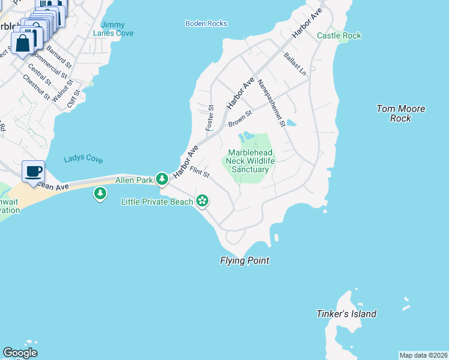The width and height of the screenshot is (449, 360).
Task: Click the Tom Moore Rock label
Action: (400, 113)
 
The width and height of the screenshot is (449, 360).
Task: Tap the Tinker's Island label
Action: (346, 314)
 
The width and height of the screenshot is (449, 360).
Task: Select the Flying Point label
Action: (244, 260)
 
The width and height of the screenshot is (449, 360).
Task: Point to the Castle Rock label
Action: (339, 36)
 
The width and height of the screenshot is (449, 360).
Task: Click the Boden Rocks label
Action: (206, 23)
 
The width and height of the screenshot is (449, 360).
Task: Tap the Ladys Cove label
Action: (83, 160)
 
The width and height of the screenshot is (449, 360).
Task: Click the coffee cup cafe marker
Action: (33, 171)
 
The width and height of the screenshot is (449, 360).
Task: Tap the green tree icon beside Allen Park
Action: (161, 179)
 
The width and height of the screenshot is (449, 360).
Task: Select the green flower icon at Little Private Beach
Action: (203, 201)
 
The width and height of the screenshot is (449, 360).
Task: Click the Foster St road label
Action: (210, 118)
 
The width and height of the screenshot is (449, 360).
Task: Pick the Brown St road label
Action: (240, 118)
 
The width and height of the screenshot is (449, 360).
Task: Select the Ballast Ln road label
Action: (295, 63)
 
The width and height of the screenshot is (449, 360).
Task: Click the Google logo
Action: (20, 353)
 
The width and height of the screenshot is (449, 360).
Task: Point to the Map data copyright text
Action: (423, 355)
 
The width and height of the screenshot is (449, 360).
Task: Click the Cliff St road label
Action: (74, 94)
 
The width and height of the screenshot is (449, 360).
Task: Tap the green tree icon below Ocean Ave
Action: (100, 193)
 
